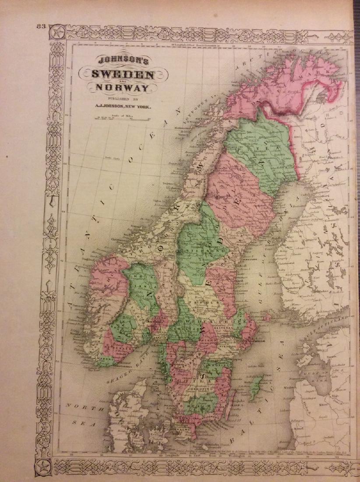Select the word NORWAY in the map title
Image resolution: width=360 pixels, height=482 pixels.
pyautogui.click(x=122, y=89)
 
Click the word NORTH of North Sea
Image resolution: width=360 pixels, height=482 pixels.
pyautogui.click(x=78, y=406)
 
